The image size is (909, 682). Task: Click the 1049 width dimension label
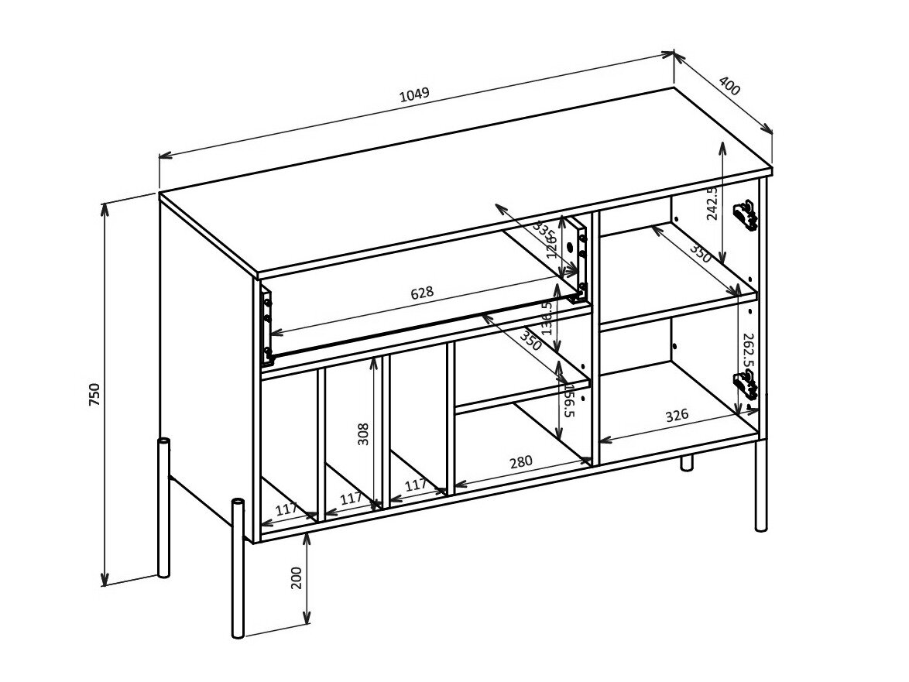tap(414, 95)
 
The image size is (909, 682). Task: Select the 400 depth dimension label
tap(729, 86)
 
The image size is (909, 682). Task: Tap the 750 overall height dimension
tap(95, 394)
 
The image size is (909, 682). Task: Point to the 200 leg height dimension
tap(297, 577)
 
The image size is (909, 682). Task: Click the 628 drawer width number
tap(422, 293)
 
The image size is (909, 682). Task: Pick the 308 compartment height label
tap(364, 434)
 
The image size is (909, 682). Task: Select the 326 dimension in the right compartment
tap(676, 416)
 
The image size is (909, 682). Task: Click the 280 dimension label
tap(520, 463)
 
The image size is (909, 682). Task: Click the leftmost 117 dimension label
tap(286, 509)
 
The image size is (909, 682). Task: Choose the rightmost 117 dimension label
tap(416, 485)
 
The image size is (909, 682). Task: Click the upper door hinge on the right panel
tap(745, 216)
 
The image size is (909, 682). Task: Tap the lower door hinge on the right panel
tap(744, 385)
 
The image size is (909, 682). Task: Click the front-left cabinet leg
tap(238, 569)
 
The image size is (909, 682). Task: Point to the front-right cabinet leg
tap(761, 484)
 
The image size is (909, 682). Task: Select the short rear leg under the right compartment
tap(686, 463)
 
